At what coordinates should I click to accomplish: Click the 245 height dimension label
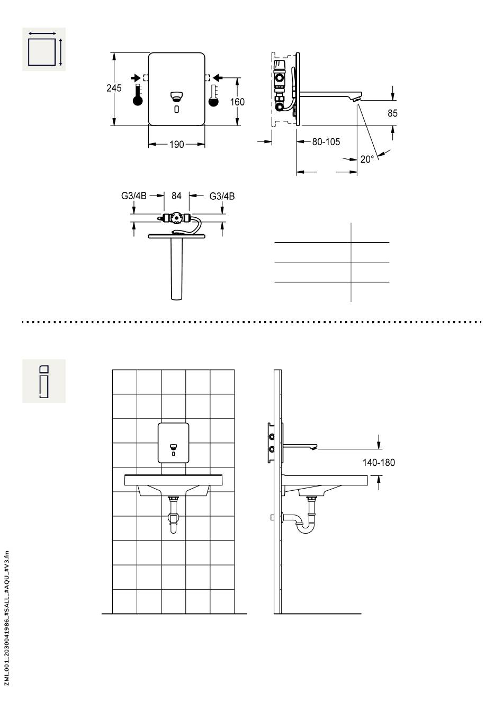click(114, 88)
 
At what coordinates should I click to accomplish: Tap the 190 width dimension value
click(176, 145)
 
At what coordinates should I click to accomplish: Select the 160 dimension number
click(237, 102)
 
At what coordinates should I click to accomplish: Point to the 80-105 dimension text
click(326, 141)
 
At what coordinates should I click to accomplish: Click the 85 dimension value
click(392, 113)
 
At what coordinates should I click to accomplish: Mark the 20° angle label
click(367, 159)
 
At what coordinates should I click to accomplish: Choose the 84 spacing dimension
click(176, 196)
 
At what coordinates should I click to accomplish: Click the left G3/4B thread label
click(134, 196)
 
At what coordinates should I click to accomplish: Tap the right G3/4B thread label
click(222, 196)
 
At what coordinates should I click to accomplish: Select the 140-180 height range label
click(378, 463)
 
